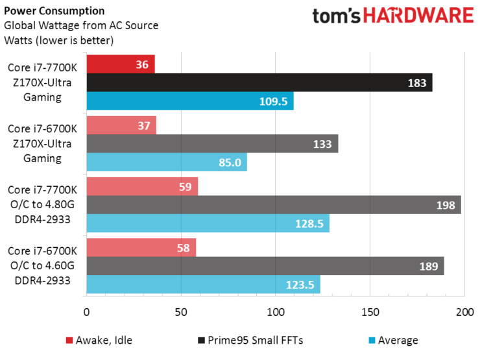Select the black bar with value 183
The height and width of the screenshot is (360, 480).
(x=259, y=83)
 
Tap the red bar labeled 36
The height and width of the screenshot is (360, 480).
(x=120, y=65)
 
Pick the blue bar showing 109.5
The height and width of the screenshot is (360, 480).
(x=189, y=101)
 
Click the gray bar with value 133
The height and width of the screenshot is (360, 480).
(x=211, y=144)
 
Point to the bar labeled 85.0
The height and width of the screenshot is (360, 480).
(x=166, y=162)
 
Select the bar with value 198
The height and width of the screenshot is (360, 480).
(x=273, y=205)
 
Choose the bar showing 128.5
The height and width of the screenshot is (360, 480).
(x=208, y=223)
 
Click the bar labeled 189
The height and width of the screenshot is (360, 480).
(x=265, y=266)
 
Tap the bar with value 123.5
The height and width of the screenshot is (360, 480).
(x=203, y=284)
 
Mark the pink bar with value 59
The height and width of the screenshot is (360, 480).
(x=141, y=187)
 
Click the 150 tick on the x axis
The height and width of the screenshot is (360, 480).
(x=370, y=311)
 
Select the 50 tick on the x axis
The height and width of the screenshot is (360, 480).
(x=181, y=311)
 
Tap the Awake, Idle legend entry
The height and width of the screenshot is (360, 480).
(x=102, y=340)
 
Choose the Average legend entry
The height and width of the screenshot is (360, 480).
(x=397, y=340)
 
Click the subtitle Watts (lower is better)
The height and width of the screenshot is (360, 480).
(x=59, y=40)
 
